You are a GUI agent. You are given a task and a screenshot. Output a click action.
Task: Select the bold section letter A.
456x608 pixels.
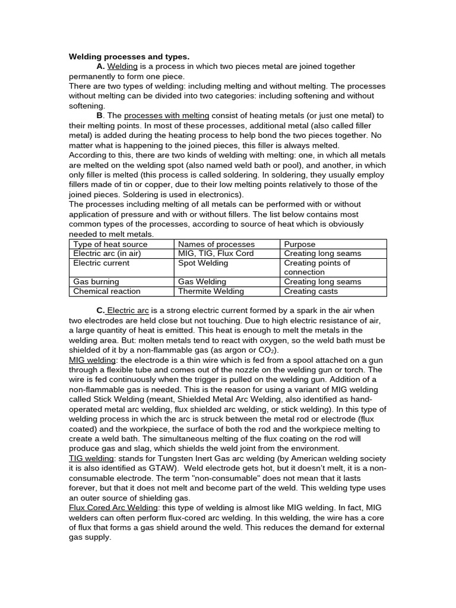(100, 66)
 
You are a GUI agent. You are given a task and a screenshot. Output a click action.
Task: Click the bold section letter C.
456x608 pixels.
(100, 311)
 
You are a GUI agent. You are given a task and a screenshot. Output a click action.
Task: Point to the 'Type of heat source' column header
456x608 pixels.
(110, 244)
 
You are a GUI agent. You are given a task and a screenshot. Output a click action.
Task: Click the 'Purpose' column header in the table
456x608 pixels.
(300, 244)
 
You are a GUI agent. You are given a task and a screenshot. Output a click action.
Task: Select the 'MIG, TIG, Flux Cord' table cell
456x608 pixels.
(216, 254)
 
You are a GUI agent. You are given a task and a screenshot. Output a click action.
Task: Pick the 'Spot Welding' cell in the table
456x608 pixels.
(203, 263)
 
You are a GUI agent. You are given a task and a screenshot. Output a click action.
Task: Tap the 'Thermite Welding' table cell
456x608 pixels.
(211, 292)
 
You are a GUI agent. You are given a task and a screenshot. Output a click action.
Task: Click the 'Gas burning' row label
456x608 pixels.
(96, 282)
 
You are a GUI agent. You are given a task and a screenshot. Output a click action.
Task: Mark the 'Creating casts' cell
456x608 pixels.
(311, 292)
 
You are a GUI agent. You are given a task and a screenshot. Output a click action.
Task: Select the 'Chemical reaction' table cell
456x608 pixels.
(107, 292)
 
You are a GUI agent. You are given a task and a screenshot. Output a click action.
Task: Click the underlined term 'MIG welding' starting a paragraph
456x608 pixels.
(92, 360)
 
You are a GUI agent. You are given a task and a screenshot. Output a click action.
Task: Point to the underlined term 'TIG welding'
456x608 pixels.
(91, 459)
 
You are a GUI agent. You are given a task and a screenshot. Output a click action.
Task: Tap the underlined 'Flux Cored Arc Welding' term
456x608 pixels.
(113, 508)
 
